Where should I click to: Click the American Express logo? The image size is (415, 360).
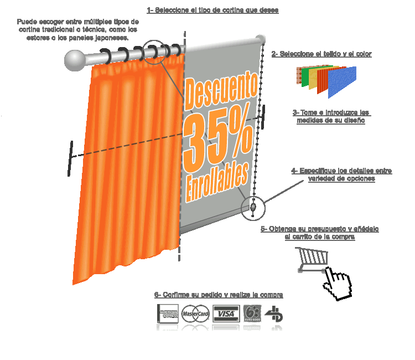(168, 313)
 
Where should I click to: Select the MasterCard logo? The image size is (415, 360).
(195, 313)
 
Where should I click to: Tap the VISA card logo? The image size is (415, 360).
(225, 313)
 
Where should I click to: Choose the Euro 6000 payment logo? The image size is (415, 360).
(252, 313)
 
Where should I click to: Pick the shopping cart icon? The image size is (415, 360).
(312, 260)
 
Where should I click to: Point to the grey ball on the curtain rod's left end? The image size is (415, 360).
(74, 60)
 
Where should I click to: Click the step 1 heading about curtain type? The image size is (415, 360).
(212, 10)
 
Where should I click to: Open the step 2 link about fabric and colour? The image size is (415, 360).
(321, 54)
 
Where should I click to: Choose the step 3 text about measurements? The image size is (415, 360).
(331, 116)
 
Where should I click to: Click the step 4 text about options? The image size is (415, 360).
(341, 174)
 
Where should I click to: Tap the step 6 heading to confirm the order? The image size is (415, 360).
(219, 295)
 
